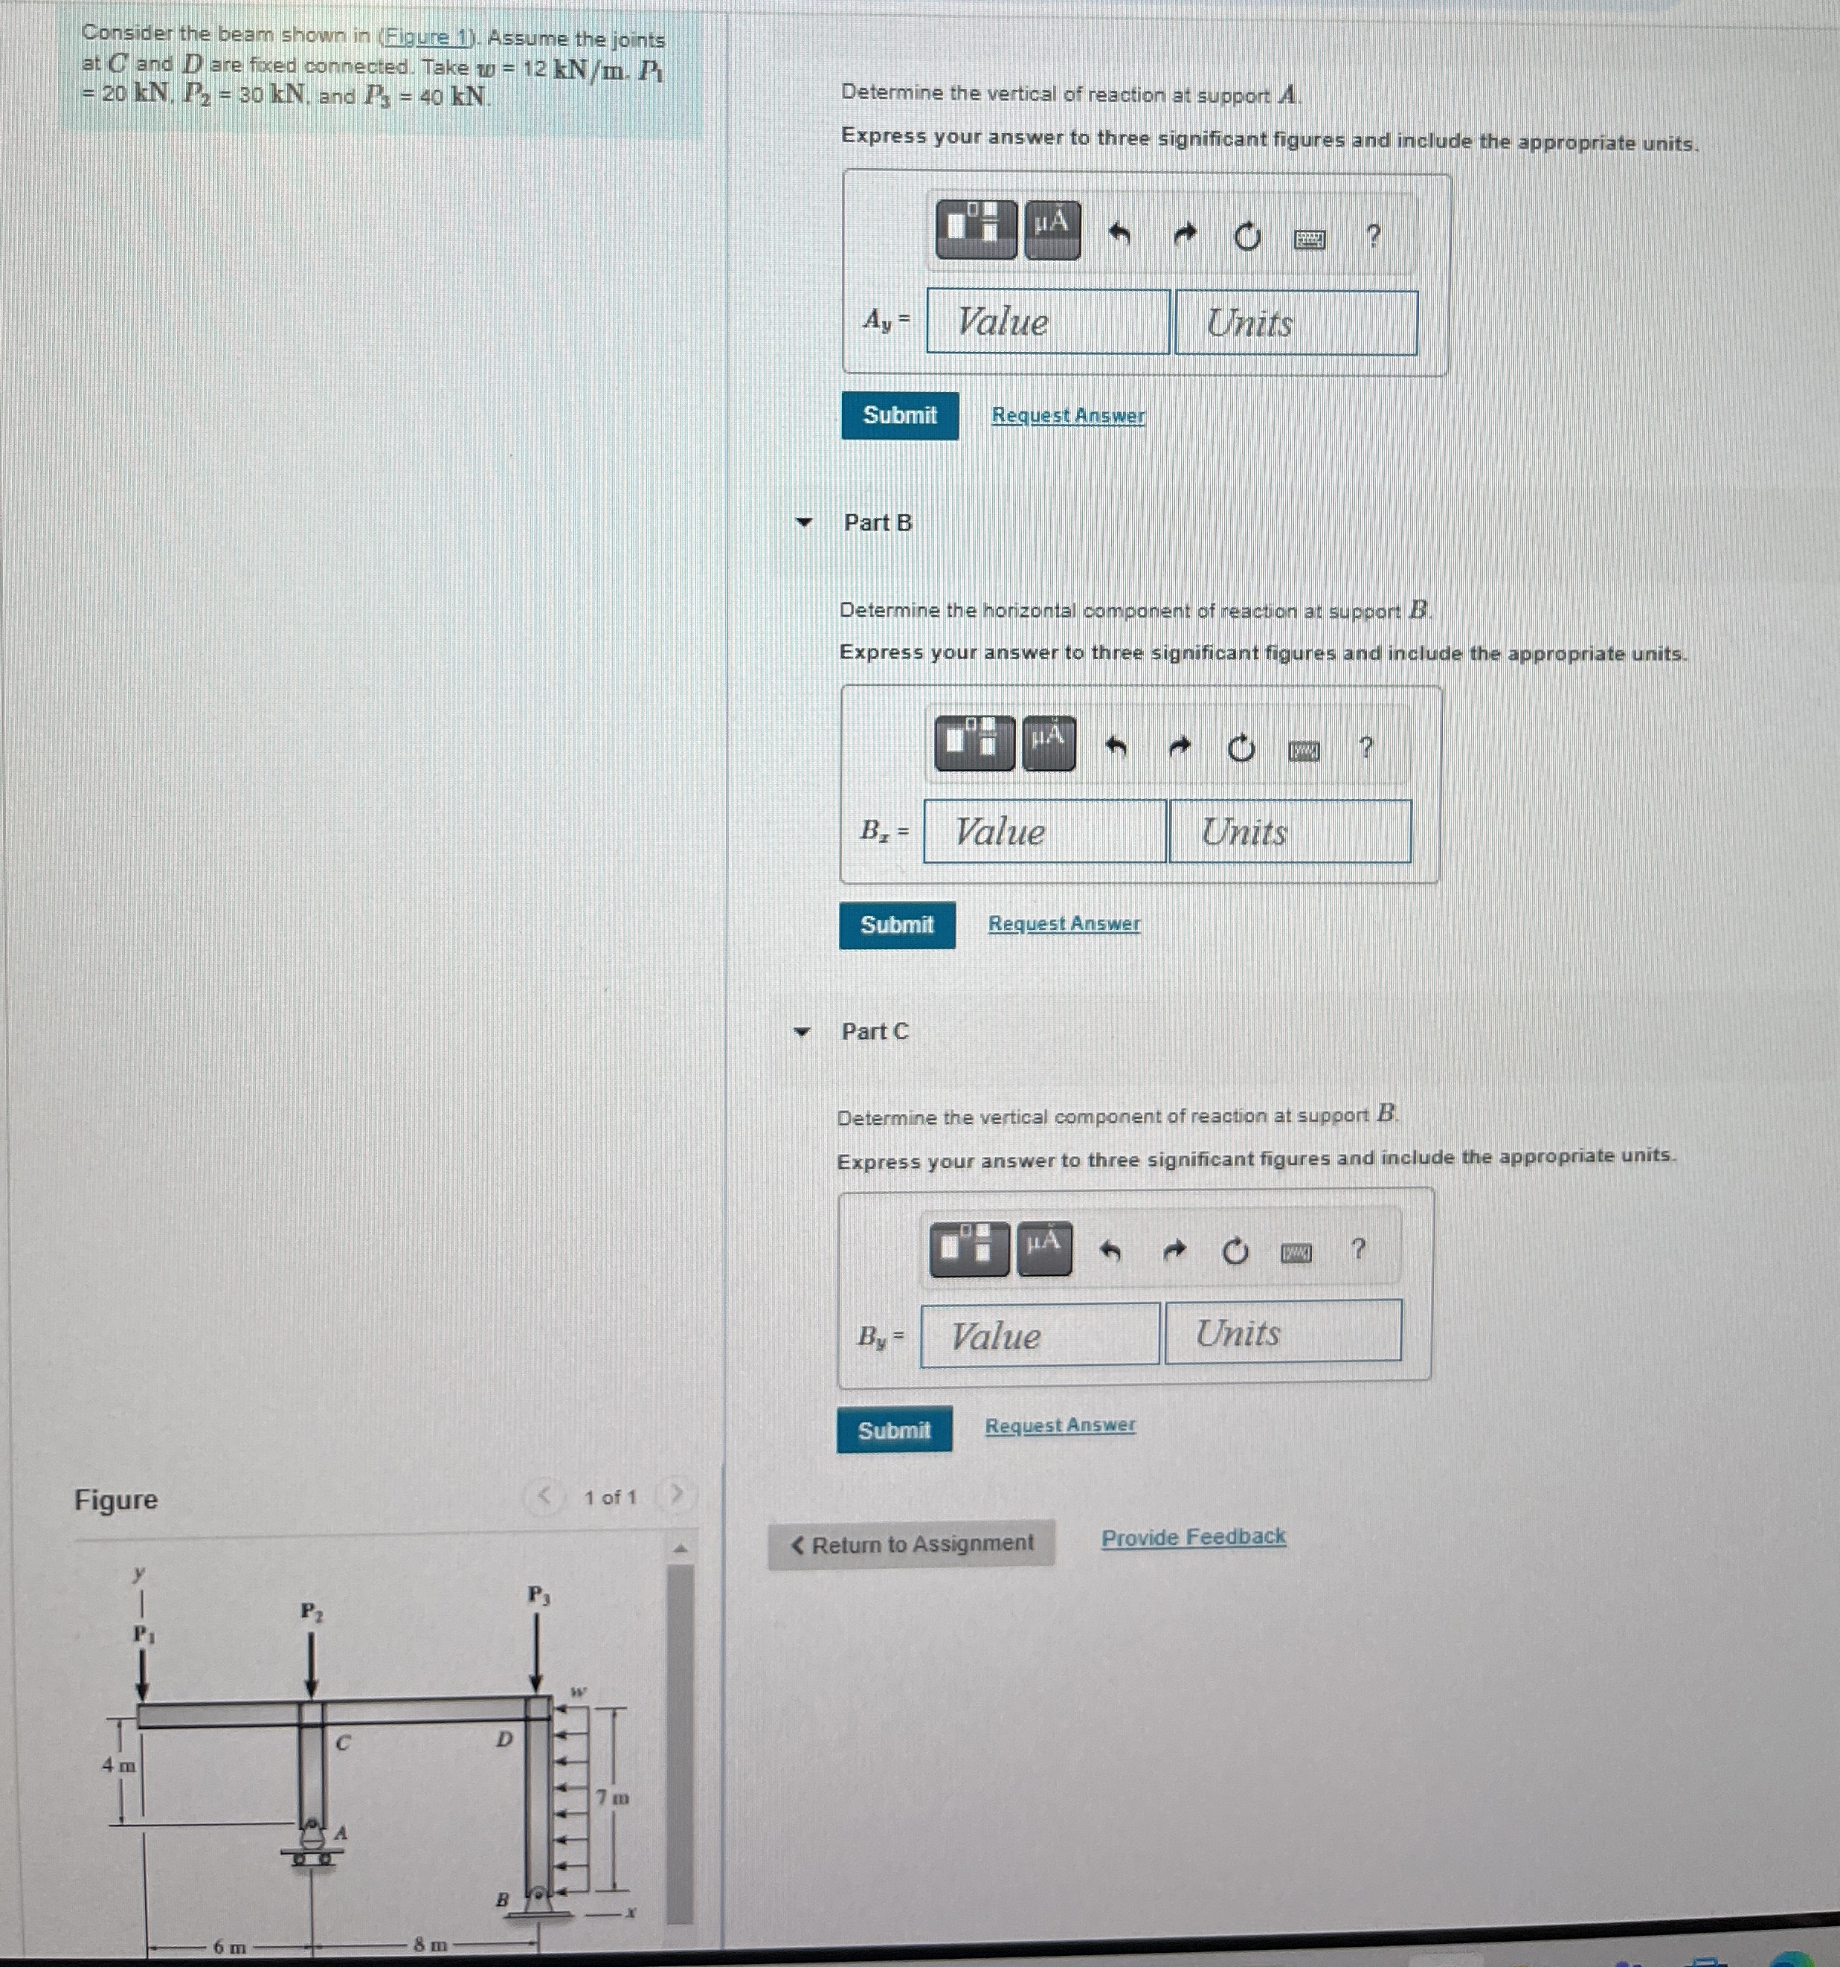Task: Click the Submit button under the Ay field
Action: [899, 416]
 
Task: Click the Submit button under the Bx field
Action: [896, 925]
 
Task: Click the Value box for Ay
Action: [1048, 321]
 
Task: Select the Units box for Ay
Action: [1295, 323]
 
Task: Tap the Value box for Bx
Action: [1045, 831]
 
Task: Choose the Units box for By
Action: [1282, 1332]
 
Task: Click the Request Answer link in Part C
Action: [1060, 1426]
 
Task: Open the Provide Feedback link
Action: [1193, 1538]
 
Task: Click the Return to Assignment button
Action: [911, 1544]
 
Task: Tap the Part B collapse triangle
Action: [804, 522]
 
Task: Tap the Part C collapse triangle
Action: [802, 1032]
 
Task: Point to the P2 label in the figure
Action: [311, 1612]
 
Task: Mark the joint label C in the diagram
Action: [342, 1743]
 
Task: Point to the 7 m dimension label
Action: [612, 1797]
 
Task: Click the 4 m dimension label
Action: [119, 1764]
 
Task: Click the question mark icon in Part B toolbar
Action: [1366, 748]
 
